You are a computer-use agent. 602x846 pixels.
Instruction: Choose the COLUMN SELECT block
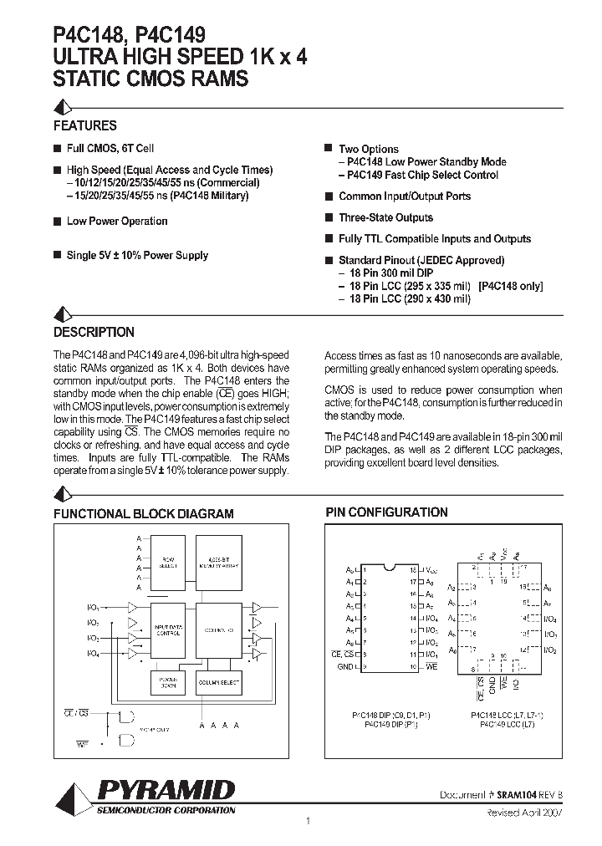[x=218, y=682]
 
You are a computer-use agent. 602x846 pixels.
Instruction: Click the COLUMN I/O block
[x=218, y=629]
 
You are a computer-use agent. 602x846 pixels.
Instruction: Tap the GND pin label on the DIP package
[x=344, y=665]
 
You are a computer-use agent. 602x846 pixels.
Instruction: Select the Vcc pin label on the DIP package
[x=431, y=568]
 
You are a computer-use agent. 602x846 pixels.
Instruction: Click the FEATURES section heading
[x=85, y=125]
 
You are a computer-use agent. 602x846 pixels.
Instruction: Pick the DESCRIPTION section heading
[x=94, y=332]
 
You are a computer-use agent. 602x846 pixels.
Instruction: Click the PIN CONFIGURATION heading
[x=386, y=512]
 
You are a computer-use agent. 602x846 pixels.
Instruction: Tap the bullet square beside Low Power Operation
[x=57, y=222]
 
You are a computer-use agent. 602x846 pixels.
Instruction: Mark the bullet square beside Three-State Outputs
[x=329, y=217]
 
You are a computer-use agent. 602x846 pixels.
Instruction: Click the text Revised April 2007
[x=524, y=812]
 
